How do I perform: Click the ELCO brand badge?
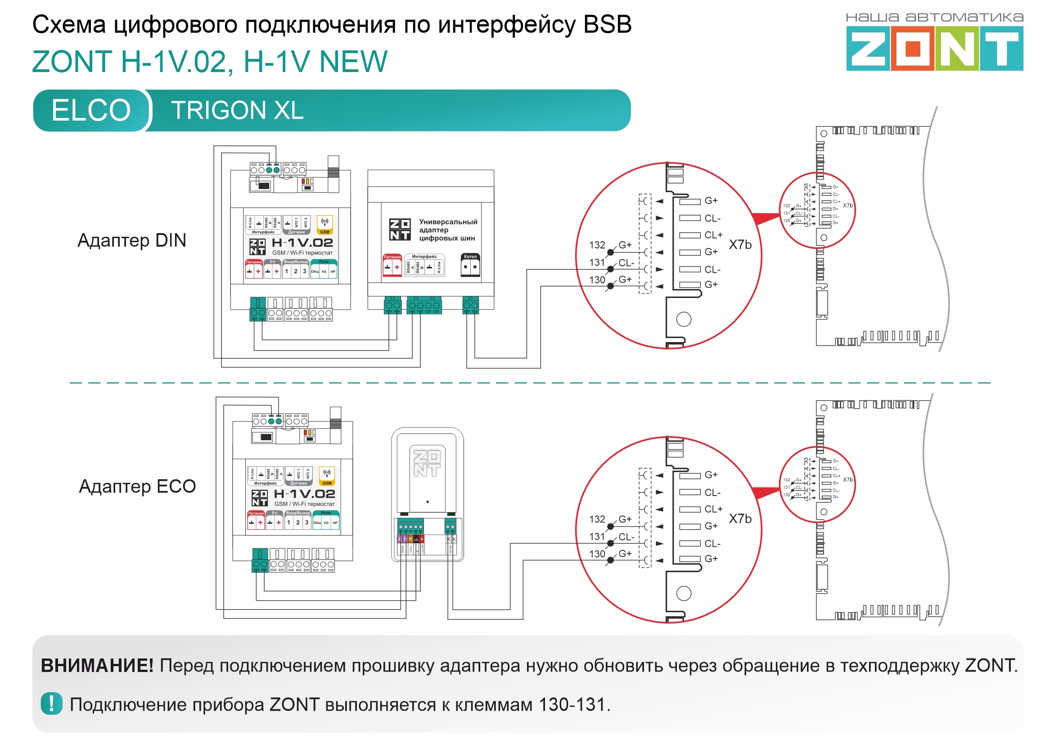pos(91,110)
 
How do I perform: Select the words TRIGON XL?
pos(237,110)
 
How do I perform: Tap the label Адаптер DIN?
pos(132,241)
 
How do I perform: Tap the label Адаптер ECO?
pos(137,487)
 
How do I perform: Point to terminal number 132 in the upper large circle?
pos(597,245)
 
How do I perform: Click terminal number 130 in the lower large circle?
pos(597,554)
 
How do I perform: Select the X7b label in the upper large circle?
pos(740,244)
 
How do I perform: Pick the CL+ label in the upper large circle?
pos(713,235)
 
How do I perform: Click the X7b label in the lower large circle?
pos(740,519)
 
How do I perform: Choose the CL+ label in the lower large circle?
pos(713,509)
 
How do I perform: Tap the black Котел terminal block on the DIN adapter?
pos(470,266)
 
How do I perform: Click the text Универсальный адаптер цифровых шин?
pos(447,230)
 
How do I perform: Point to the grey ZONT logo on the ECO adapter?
pos(427,463)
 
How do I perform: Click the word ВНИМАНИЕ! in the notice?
pos(97,666)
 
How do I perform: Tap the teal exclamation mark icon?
pos(51,704)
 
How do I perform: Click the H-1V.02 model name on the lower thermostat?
pos(304,494)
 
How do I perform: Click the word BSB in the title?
pos(607,25)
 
